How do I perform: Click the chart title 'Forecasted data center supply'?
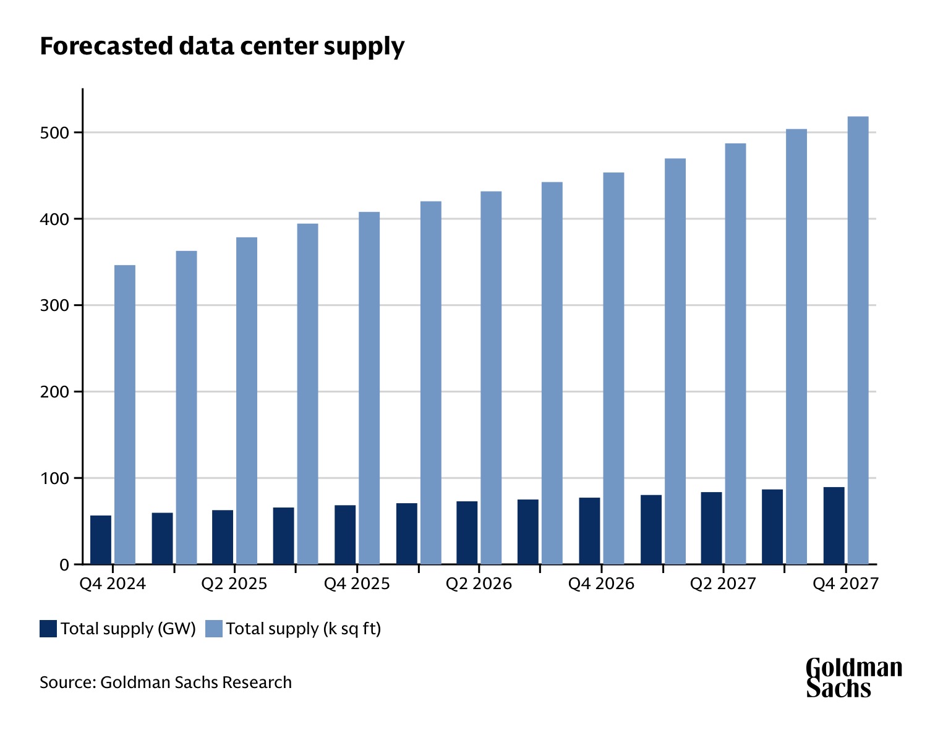(x=222, y=46)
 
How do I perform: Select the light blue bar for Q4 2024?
(x=125, y=414)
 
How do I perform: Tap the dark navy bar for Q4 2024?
(x=101, y=540)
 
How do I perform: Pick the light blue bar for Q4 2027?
(x=858, y=340)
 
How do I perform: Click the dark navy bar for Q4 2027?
(x=834, y=525)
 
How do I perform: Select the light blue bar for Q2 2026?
(x=491, y=378)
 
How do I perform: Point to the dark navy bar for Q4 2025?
(x=345, y=535)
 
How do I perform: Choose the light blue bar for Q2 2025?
(x=247, y=401)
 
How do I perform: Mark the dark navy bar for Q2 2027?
(x=711, y=528)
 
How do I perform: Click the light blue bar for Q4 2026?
(x=613, y=368)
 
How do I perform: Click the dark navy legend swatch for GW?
(x=48, y=629)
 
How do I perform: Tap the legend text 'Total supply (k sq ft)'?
(x=303, y=629)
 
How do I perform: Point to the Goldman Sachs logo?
(x=853, y=678)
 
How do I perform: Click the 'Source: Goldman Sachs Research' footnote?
(x=166, y=682)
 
